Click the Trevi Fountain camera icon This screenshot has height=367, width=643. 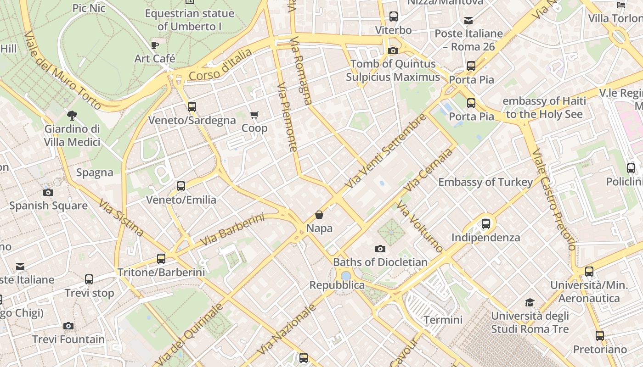pyautogui.click(x=68, y=326)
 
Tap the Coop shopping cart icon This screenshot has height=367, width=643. pyautogui.click(x=254, y=115)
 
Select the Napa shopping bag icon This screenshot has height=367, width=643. pyautogui.click(x=319, y=215)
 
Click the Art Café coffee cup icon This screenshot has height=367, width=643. pyautogui.click(x=155, y=45)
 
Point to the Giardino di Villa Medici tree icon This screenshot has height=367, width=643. pyautogui.click(x=72, y=115)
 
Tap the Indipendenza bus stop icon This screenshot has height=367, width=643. pyautogui.click(x=486, y=224)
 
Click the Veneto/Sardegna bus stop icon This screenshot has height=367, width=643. pyautogui.click(x=192, y=107)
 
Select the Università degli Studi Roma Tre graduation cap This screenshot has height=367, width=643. pyautogui.click(x=530, y=303)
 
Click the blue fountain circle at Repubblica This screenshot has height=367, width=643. pyautogui.click(x=346, y=276)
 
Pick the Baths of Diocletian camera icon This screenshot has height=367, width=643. pyautogui.click(x=380, y=249)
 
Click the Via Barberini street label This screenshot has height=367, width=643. pyautogui.click(x=232, y=229)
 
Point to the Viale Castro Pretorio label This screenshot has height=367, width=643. pyautogui.click(x=553, y=200)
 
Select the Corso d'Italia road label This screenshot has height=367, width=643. pyautogui.click(x=220, y=65)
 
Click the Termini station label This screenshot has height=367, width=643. pyautogui.click(x=443, y=320)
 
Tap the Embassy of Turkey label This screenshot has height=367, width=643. pyautogui.click(x=485, y=182)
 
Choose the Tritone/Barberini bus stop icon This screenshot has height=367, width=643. pyautogui.click(x=161, y=259)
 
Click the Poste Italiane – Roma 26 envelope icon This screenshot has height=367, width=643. pyautogui.click(x=468, y=21)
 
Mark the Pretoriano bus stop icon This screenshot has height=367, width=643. pyautogui.click(x=599, y=336)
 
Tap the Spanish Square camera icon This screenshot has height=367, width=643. pyautogui.click(x=48, y=192)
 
